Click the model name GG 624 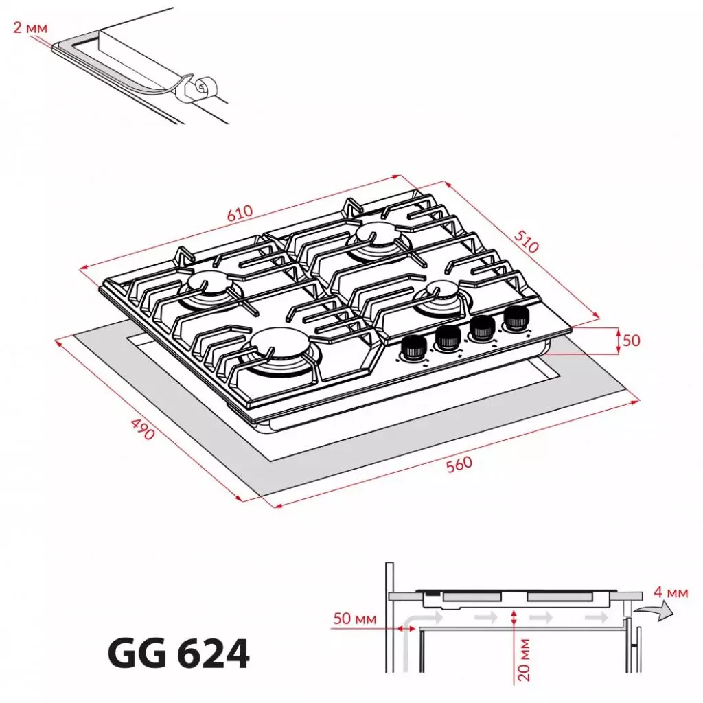(178, 654)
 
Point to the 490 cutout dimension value (142, 429)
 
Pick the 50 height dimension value (632, 341)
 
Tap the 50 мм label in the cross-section (355, 619)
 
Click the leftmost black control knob (412, 348)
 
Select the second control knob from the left (447, 337)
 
